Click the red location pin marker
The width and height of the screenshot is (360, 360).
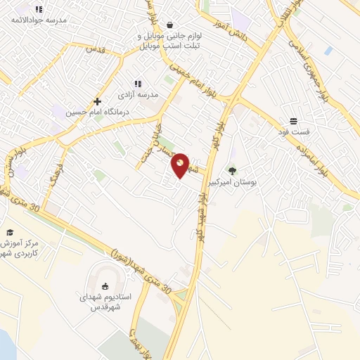pyautogui.click(x=181, y=165)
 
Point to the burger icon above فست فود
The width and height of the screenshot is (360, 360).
pyautogui.click(x=293, y=121)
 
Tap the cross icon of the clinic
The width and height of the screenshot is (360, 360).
pyautogui.click(x=97, y=101)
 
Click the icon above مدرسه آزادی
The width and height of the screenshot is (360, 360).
pyautogui.click(x=138, y=84)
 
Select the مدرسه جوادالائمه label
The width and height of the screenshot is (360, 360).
pyautogui.click(x=38, y=20)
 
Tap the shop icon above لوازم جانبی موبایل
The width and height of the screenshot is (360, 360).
pyautogui.click(x=170, y=24)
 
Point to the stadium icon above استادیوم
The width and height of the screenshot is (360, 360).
pyautogui.click(x=105, y=285)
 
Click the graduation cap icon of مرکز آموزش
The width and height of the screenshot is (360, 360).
pyautogui.click(x=10, y=232)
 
